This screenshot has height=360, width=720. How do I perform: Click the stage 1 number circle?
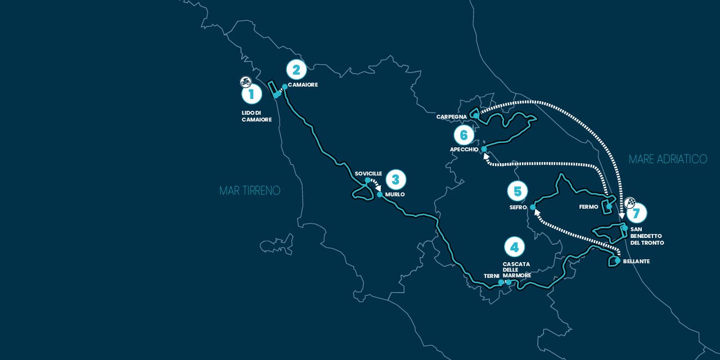click(251, 94)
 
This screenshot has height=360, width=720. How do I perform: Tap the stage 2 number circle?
click(296, 70)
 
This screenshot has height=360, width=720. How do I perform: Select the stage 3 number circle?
click(396, 179)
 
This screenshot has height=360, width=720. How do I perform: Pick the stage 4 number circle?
click(514, 246)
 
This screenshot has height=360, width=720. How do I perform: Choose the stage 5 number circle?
click(517, 191)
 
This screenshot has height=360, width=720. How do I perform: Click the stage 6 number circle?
click(463, 135)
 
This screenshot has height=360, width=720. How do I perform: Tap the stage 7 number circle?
click(636, 213)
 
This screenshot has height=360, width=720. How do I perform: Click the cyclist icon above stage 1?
click(245, 81)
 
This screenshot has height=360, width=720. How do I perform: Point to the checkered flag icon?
click(631, 203)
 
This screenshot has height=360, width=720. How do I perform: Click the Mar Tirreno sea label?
click(250, 191)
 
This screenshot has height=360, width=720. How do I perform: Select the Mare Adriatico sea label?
click(668, 159)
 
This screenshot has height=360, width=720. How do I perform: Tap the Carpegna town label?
click(452, 117)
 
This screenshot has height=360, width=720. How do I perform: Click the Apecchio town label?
click(464, 150)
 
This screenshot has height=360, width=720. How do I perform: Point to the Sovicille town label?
click(368, 173)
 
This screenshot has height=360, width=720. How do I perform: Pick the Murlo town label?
click(395, 195)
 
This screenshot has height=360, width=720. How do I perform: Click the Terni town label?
click(491, 276)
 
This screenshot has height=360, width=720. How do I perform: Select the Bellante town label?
click(636, 262)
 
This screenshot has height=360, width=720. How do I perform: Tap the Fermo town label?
click(588, 207)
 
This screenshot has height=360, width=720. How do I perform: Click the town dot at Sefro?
click(532, 207)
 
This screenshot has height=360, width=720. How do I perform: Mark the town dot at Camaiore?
click(285, 87)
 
